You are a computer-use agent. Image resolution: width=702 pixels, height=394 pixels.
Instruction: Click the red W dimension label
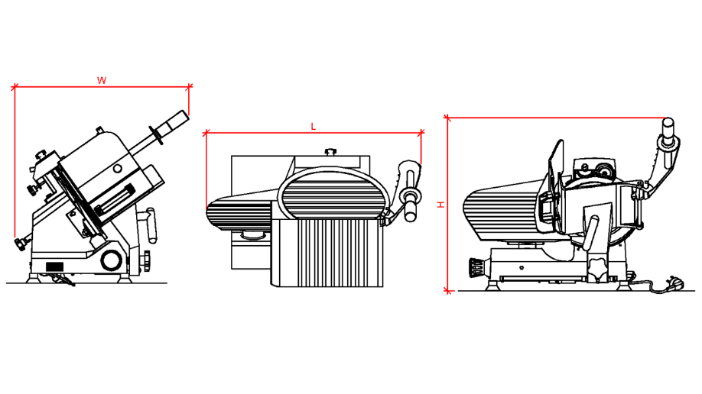point(102,80)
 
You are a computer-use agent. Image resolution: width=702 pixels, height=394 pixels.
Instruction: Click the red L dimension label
point(314,127)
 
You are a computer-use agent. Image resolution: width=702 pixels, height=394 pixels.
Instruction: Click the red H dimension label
point(441,205)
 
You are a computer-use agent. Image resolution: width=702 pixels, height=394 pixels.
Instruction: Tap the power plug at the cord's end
point(675,283)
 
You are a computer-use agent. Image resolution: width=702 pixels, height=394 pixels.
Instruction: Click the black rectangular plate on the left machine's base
point(54,267)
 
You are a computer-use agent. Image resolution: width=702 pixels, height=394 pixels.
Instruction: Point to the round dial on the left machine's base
point(111,260)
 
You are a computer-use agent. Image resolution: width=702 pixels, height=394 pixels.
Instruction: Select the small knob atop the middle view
point(330,152)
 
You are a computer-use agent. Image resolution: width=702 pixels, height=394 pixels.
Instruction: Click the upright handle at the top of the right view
point(668,132)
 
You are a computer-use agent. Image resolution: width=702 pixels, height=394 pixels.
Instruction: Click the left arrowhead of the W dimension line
point(15,87)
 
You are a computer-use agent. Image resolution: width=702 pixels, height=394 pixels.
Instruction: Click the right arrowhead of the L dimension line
point(421,133)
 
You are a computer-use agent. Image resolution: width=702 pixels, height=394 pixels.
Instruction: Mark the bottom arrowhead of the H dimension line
point(447,291)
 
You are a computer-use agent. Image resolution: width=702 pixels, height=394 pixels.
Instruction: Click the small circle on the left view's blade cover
point(117,169)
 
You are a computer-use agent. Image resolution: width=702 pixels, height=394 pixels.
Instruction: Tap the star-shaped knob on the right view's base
point(596,268)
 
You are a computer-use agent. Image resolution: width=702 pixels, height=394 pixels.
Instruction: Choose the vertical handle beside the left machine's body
point(151,225)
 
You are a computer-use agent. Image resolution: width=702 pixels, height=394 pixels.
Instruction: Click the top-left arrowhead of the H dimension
point(447,118)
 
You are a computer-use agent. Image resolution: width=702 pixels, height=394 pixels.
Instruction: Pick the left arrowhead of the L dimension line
point(206,133)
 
